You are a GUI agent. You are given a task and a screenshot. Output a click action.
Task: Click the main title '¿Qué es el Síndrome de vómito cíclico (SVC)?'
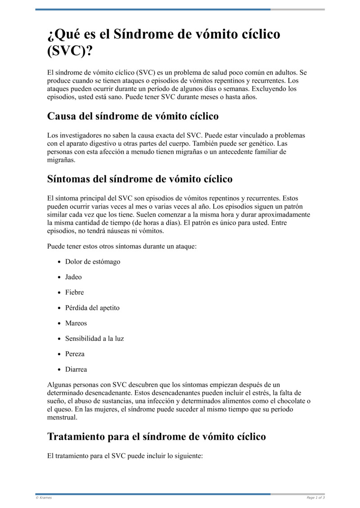(164, 42)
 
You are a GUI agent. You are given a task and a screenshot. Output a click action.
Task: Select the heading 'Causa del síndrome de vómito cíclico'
(133, 116)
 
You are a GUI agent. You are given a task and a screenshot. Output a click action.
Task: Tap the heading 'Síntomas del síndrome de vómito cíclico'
(139, 179)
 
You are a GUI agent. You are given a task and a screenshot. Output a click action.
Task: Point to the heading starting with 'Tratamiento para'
(156, 437)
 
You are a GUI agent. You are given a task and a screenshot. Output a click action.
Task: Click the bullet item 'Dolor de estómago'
(93, 262)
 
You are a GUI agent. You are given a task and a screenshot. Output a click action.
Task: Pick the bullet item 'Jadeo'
(73, 277)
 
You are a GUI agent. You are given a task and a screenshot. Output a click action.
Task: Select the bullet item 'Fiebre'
(74, 292)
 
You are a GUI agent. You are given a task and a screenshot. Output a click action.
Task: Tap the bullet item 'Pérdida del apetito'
(92, 308)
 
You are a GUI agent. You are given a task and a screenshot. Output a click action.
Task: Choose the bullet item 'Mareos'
(76, 323)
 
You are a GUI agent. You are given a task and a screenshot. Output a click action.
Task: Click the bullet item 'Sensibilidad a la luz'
(94, 339)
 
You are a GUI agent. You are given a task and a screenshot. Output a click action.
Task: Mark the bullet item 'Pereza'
(75, 354)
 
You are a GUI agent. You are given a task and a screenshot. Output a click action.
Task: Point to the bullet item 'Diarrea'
(76, 370)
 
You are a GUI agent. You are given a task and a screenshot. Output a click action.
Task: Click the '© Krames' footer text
(44, 498)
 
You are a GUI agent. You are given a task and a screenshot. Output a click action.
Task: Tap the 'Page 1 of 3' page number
(315, 498)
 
